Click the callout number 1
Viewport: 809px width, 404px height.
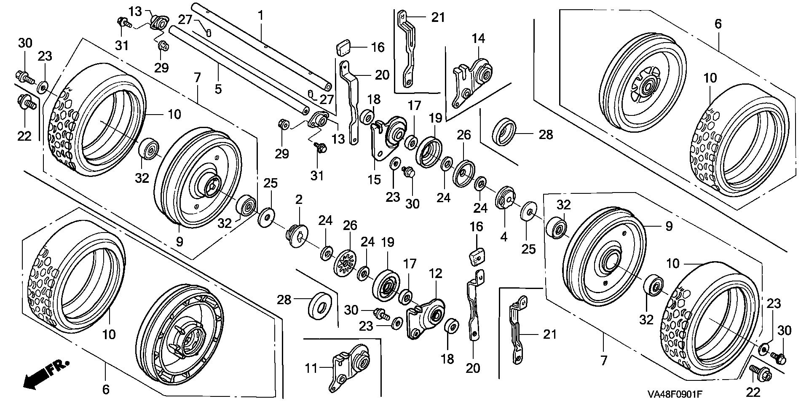(261, 16)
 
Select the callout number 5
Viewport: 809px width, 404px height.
(218, 89)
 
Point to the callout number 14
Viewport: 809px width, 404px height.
(478, 39)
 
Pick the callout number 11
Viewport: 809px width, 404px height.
(311, 369)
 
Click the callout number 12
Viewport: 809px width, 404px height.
(436, 274)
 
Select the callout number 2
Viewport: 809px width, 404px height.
(299, 200)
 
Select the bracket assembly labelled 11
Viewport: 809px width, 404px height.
(350, 367)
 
